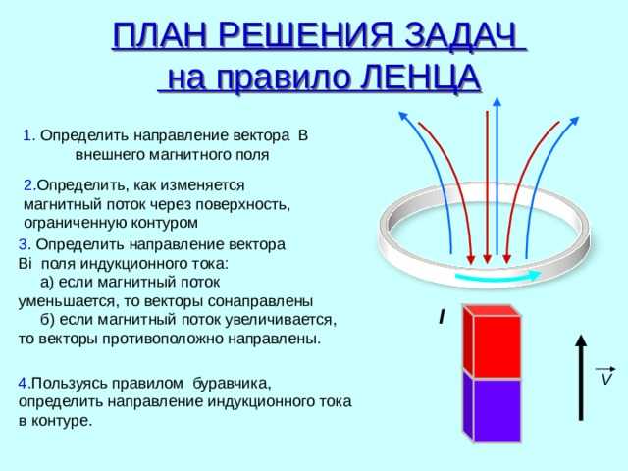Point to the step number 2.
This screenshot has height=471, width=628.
click(29, 184)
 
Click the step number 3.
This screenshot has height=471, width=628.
click(23, 244)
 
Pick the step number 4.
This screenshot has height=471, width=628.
click(23, 382)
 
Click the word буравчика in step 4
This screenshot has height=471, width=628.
click(232, 382)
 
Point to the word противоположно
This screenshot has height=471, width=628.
click(168, 339)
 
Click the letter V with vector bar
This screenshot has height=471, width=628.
click(606, 377)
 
